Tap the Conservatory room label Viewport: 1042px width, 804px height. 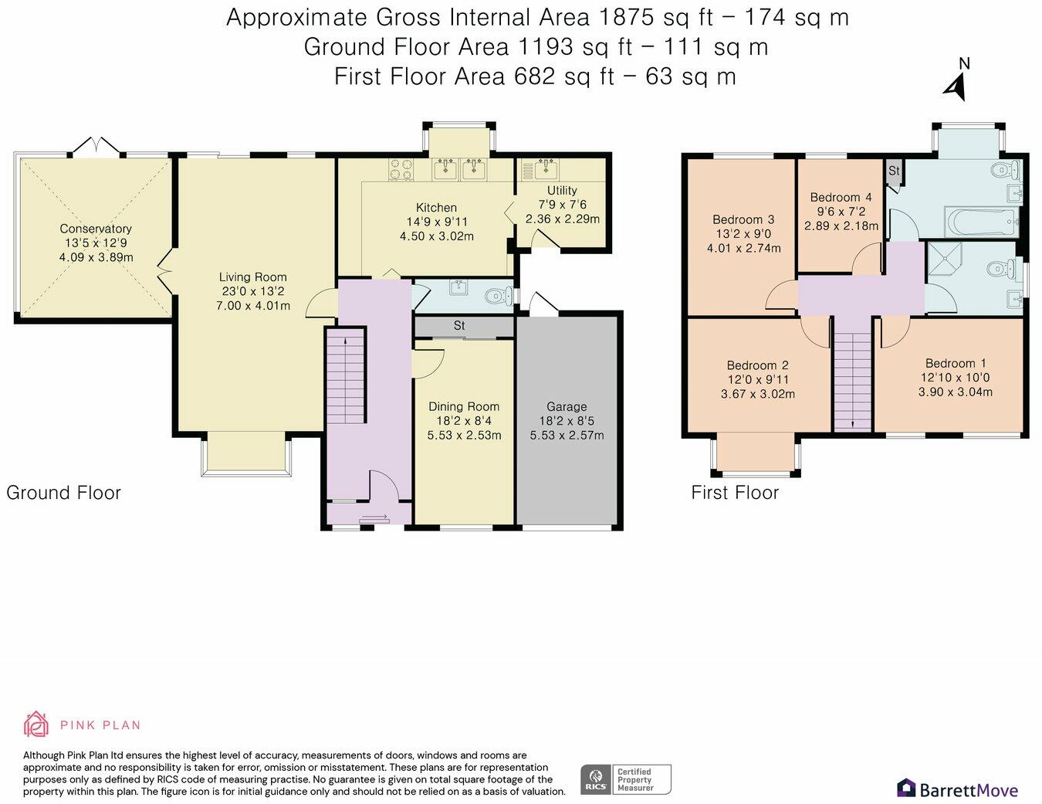click(x=96, y=229)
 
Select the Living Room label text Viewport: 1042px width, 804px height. click(x=252, y=277)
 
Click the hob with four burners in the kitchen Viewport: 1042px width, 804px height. click(x=401, y=169)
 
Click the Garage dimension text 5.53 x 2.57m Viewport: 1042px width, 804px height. click(x=567, y=435)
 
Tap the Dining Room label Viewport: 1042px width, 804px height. click(x=464, y=407)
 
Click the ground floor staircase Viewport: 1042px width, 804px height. click(x=346, y=376)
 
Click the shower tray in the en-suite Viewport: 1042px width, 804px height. click(x=944, y=260)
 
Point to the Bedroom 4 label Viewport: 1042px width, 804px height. click(x=841, y=197)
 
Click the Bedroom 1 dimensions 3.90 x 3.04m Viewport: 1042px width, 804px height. click(x=956, y=392)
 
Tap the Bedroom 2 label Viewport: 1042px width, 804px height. click(x=758, y=365)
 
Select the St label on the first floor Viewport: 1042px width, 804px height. click(x=894, y=171)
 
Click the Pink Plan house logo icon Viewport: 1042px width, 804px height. click(x=36, y=724)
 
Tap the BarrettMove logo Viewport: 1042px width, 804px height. click(x=958, y=789)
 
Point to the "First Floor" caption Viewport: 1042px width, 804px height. click(x=735, y=493)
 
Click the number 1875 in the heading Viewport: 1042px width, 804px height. click(x=626, y=17)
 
